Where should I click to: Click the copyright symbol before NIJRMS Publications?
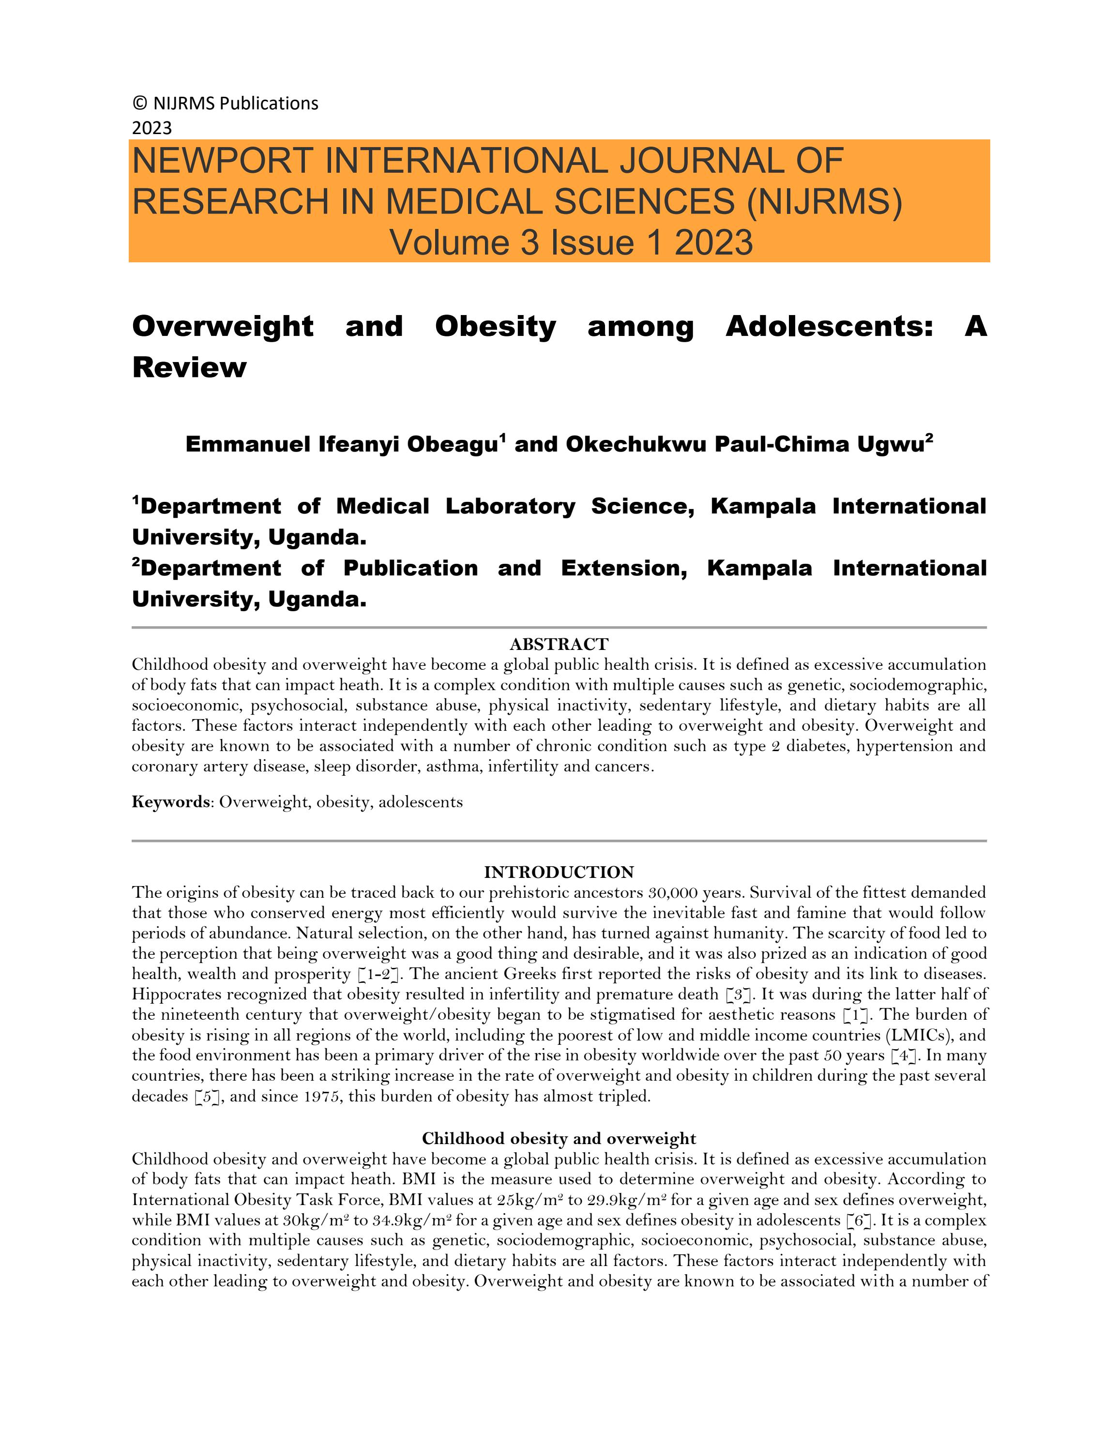pyautogui.click(x=139, y=104)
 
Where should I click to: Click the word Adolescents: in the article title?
pyautogui.click(x=829, y=326)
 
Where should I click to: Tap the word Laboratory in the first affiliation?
pyautogui.click(x=510, y=507)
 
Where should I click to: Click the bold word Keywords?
pyautogui.click(x=170, y=802)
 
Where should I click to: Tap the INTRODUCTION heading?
pyautogui.click(x=559, y=872)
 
